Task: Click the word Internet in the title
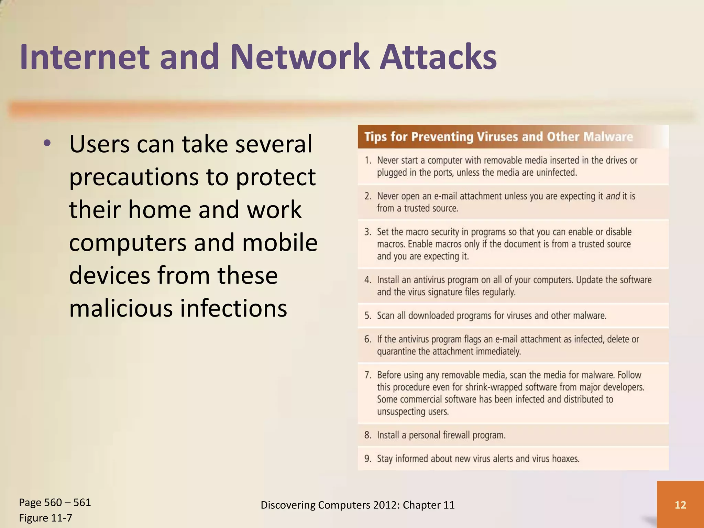84,57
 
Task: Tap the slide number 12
680,505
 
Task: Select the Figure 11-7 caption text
45,518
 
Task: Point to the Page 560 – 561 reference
55,502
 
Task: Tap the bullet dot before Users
47,143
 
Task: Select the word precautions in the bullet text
134,177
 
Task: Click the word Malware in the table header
608,137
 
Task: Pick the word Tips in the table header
375,137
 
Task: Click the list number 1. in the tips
368,161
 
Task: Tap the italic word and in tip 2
613,196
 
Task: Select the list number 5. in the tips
368,316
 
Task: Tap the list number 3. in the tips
368,232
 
